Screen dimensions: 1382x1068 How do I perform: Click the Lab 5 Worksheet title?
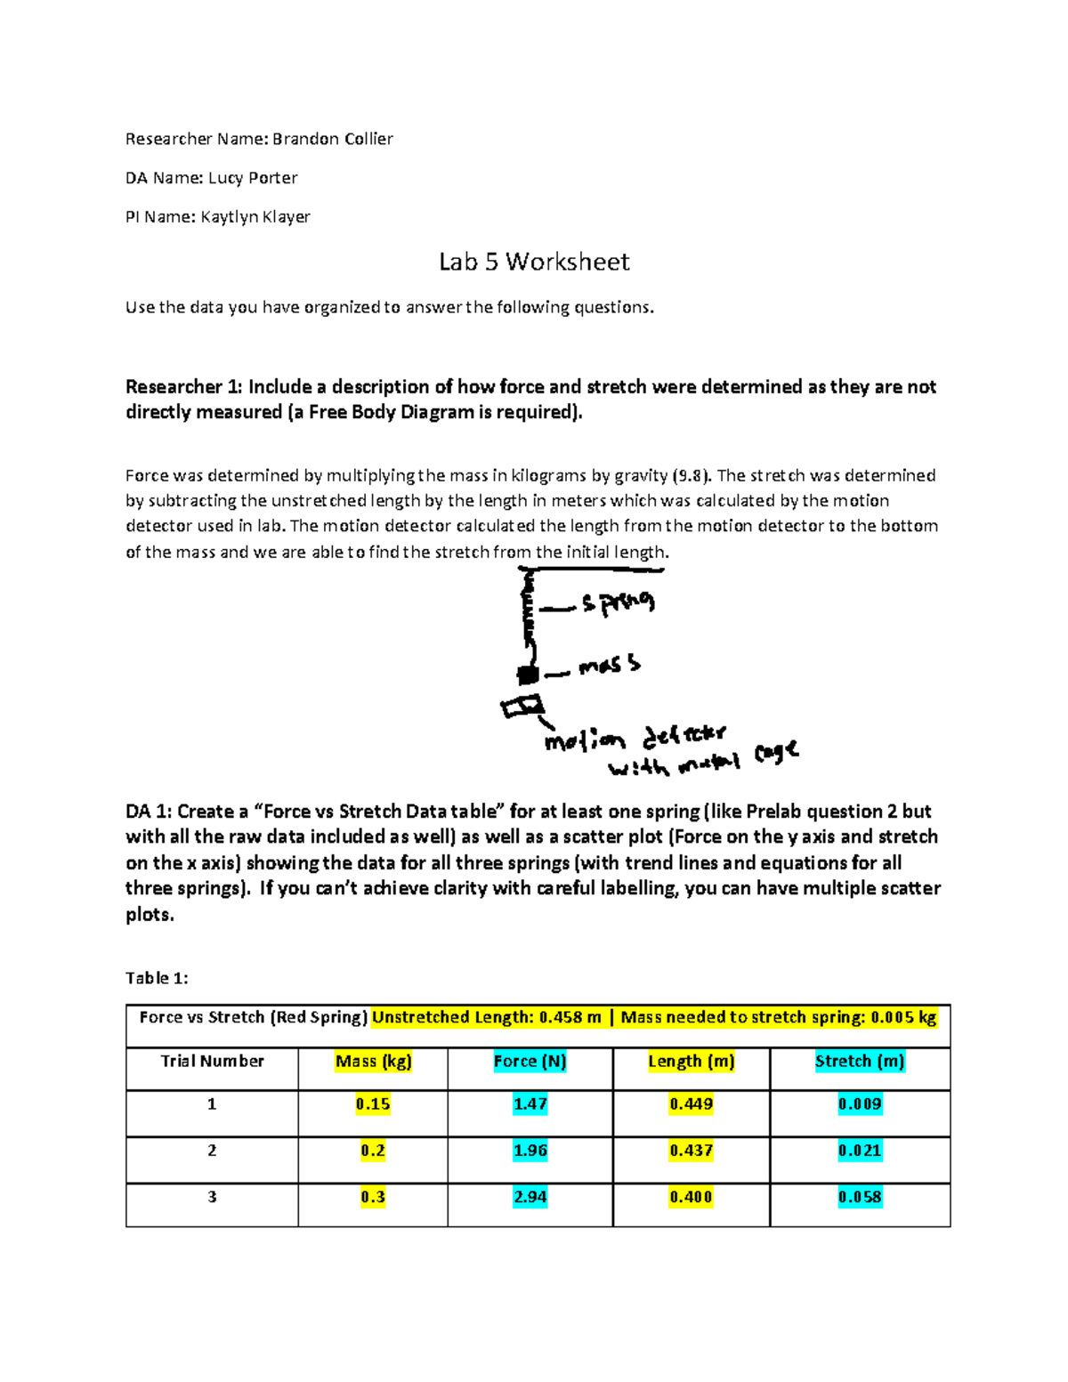[534, 262]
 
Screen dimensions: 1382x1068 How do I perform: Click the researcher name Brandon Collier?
[332, 139]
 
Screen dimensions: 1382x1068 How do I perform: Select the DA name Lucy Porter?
[253, 178]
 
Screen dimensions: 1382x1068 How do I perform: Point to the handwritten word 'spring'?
[618, 603]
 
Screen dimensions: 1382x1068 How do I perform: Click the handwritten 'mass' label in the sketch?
[609, 666]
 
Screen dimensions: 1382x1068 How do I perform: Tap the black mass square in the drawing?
[528, 675]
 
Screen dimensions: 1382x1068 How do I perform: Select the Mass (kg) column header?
[373, 1061]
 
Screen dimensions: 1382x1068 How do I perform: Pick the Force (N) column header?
[530, 1061]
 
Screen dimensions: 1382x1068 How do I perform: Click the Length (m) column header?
[691, 1061]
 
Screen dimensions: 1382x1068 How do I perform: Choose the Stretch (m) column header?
[860, 1061]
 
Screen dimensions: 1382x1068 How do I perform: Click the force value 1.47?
[530, 1104]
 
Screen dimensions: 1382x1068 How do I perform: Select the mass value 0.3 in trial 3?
[373, 1197]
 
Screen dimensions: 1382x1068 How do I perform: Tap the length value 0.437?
[691, 1151]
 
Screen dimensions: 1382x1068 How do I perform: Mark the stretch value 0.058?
[860, 1197]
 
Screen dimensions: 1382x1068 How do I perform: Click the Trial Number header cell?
[212, 1061]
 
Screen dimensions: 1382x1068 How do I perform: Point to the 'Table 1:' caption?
[157, 978]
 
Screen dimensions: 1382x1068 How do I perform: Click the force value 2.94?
[530, 1197]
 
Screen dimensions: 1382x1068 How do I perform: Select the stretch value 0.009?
[860, 1104]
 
